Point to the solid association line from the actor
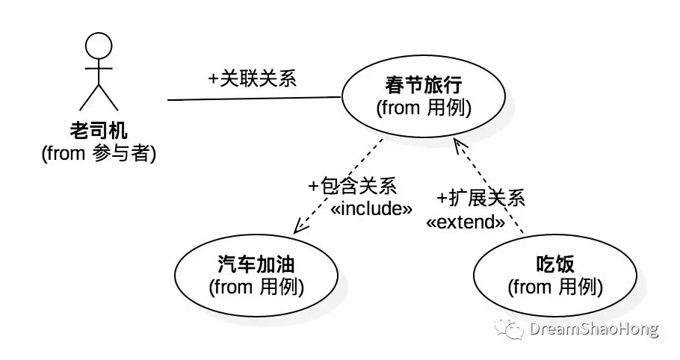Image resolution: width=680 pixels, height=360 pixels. (254, 98)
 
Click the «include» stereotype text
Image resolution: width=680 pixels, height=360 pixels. (371, 208)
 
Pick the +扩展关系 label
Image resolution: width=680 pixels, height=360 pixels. (480, 198)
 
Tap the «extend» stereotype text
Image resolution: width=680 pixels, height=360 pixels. (465, 221)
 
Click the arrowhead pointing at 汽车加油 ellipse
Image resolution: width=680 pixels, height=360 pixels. (298, 226)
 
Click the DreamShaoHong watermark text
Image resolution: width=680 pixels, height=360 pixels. (594, 329)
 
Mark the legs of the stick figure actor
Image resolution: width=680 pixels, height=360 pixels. (99, 97)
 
